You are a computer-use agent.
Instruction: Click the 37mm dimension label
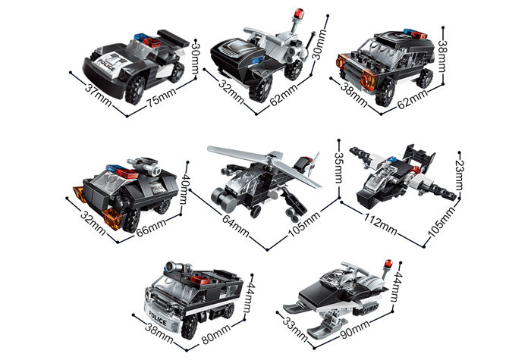pyautogui.click(x=98, y=93)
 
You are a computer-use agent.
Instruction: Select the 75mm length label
pyautogui.click(x=161, y=98)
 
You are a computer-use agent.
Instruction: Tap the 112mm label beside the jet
pyautogui.click(x=380, y=224)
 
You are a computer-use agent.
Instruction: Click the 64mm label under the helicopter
pyautogui.click(x=236, y=226)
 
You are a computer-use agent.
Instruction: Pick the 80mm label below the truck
pyautogui.click(x=216, y=333)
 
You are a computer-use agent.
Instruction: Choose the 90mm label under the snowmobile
pyautogui.click(x=355, y=330)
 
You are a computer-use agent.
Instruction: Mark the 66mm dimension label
pyautogui.click(x=152, y=228)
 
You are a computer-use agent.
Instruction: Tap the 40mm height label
pyautogui.click(x=184, y=189)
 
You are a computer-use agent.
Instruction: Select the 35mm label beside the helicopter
pyautogui.click(x=338, y=167)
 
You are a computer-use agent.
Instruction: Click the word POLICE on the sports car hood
pyautogui.click(x=108, y=65)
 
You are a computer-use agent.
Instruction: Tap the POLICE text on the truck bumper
pyautogui.click(x=158, y=320)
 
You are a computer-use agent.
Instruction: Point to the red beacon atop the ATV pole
pyautogui.click(x=298, y=14)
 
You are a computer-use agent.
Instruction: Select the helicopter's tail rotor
pyautogui.click(x=313, y=164)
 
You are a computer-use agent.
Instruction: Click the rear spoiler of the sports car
pyautogui.click(x=173, y=38)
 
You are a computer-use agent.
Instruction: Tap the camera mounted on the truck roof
pyautogui.click(x=177, y=267)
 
